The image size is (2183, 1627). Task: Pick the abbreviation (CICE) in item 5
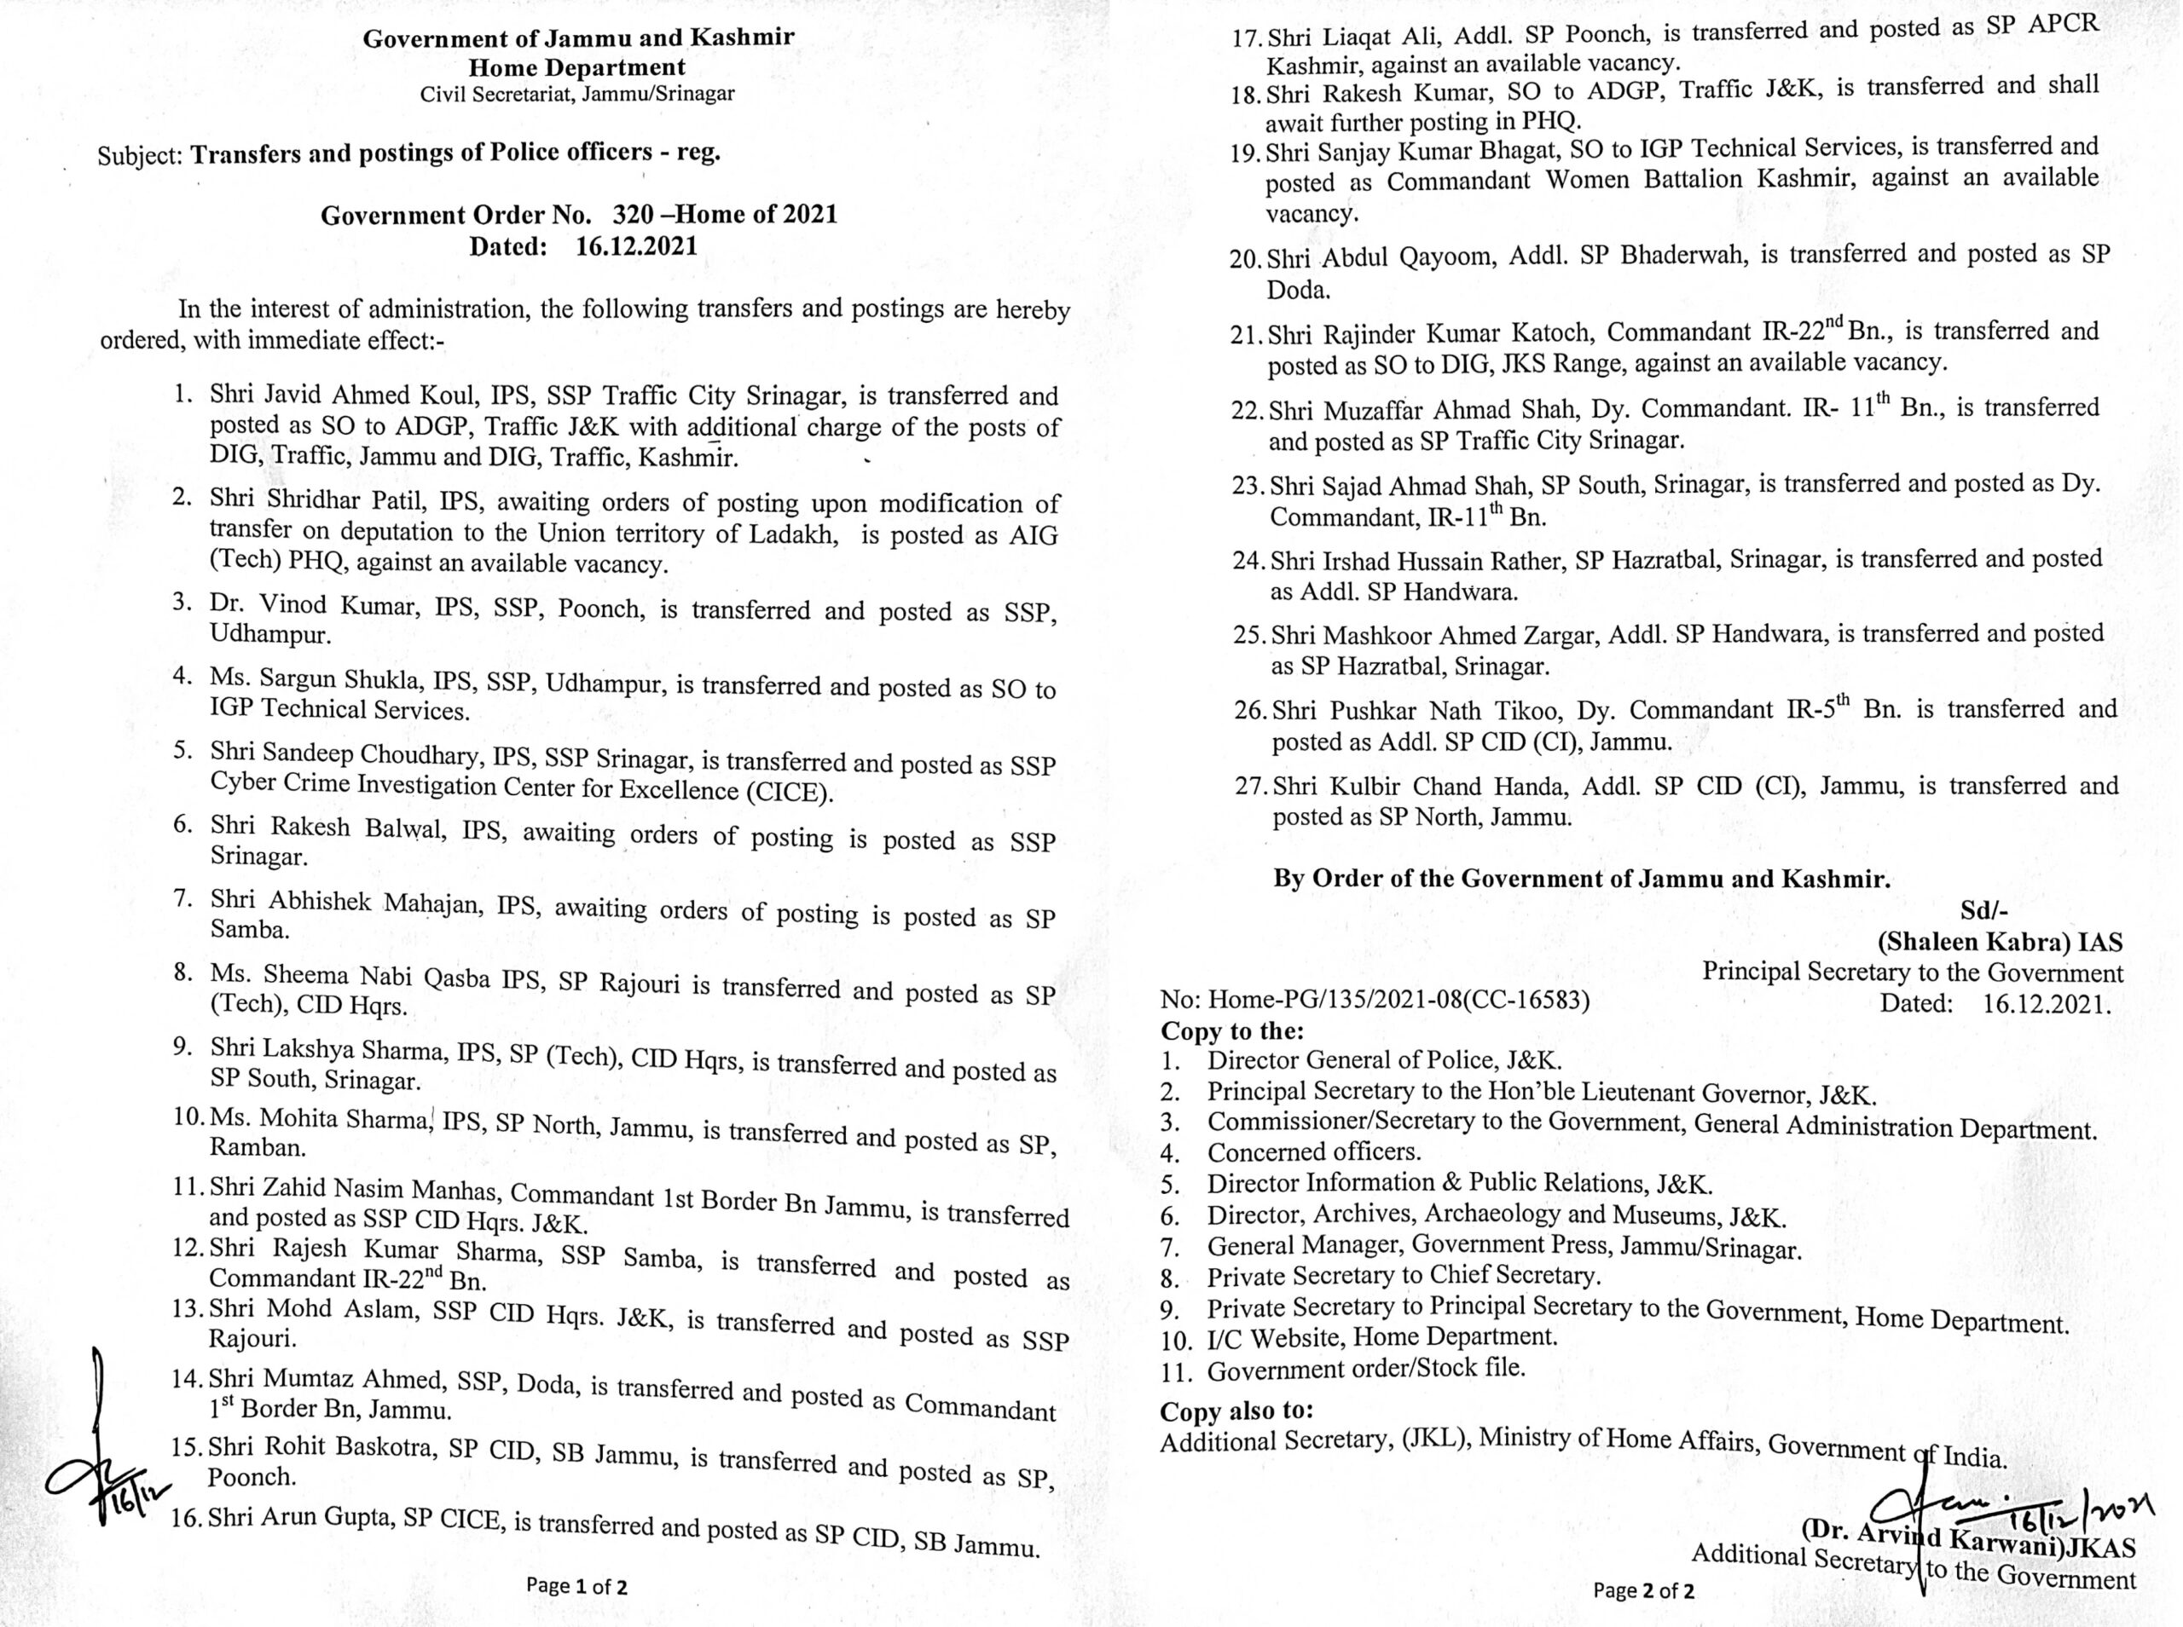tap(789, 792)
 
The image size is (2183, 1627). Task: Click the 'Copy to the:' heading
tap(1231, 1031)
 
